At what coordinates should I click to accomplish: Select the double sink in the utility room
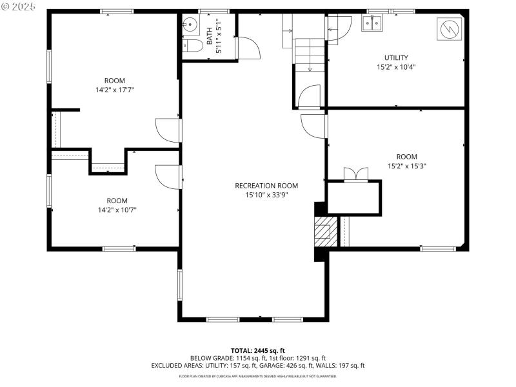tap(372, 25)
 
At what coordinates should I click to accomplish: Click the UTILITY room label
tap(396, 57)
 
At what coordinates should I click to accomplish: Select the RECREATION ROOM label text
tap(266, 186)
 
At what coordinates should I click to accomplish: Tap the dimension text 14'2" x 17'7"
tap(115, 90)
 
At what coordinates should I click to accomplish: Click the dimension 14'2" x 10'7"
tap(117, 210)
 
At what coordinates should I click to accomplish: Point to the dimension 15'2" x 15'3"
tap(407, 166)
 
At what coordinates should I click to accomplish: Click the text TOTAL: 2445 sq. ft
tap(258, 350)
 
